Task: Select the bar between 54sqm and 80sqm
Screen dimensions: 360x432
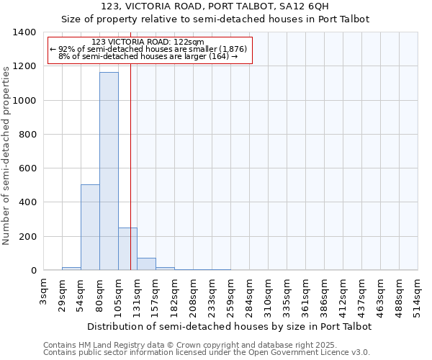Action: tap(90, 228)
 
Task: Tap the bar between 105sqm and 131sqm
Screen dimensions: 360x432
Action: tap(127, 249)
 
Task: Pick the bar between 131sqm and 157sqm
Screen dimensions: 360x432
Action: tap(146, 264)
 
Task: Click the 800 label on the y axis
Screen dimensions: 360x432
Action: tap(27, 135)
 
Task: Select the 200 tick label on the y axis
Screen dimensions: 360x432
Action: tap(27, 237)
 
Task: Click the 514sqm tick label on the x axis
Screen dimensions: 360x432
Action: tap(418, 294)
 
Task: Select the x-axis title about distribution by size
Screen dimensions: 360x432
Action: tap(230, 326)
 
